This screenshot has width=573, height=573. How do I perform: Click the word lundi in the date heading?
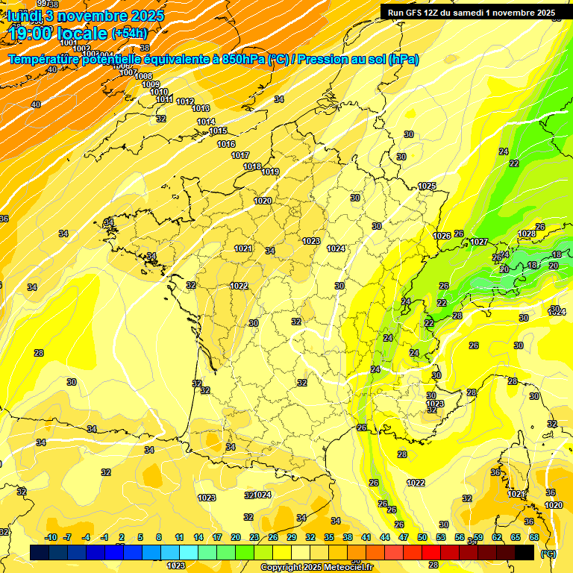pos(25,15)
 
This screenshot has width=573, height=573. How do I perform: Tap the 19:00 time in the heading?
pos(31,33)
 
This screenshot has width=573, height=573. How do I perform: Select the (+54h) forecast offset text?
pos(129,33)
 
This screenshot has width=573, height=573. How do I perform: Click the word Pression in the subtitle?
pos(325,60)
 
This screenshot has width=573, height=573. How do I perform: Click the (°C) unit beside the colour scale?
pos(548,554)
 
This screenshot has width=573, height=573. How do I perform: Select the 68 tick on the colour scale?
pos(533,537)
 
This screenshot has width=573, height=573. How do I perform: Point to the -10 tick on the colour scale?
pos(51,537)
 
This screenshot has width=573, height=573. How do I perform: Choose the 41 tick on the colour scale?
pos(366,537)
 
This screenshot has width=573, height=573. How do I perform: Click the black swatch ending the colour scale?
pos(525,552)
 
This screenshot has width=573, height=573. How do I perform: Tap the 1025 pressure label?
pos(427,186)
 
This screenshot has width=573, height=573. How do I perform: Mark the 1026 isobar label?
pos(442,236)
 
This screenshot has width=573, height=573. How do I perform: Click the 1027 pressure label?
pos(478,242)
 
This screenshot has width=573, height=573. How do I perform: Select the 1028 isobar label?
pos(527,234)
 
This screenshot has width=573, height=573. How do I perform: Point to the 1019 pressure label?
pos(270,172)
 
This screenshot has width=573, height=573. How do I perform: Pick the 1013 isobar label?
pos(201,109)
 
